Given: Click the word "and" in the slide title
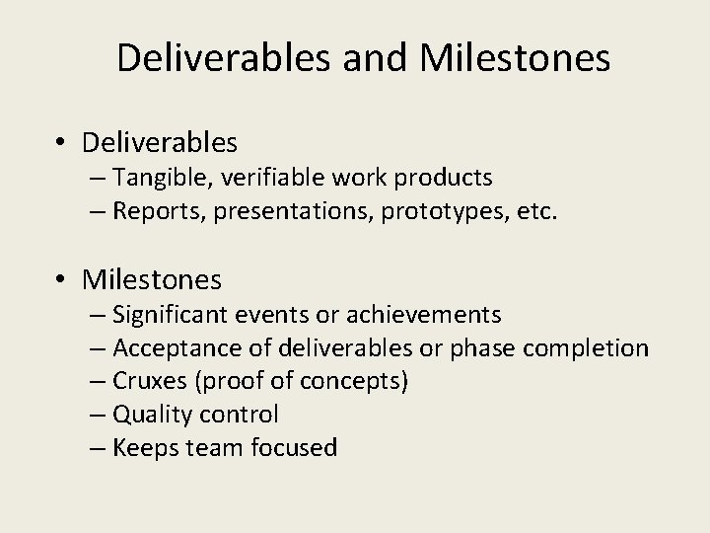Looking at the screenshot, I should coord(375,58).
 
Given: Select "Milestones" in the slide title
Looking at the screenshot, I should coord(515,58).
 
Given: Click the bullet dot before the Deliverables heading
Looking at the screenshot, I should coord(61,144).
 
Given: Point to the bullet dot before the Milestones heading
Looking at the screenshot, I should coord(61,281).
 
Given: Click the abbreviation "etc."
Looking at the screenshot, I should coord(535,211).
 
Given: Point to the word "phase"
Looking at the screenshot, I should coord(485,348).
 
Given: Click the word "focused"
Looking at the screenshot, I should coord(293,448).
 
